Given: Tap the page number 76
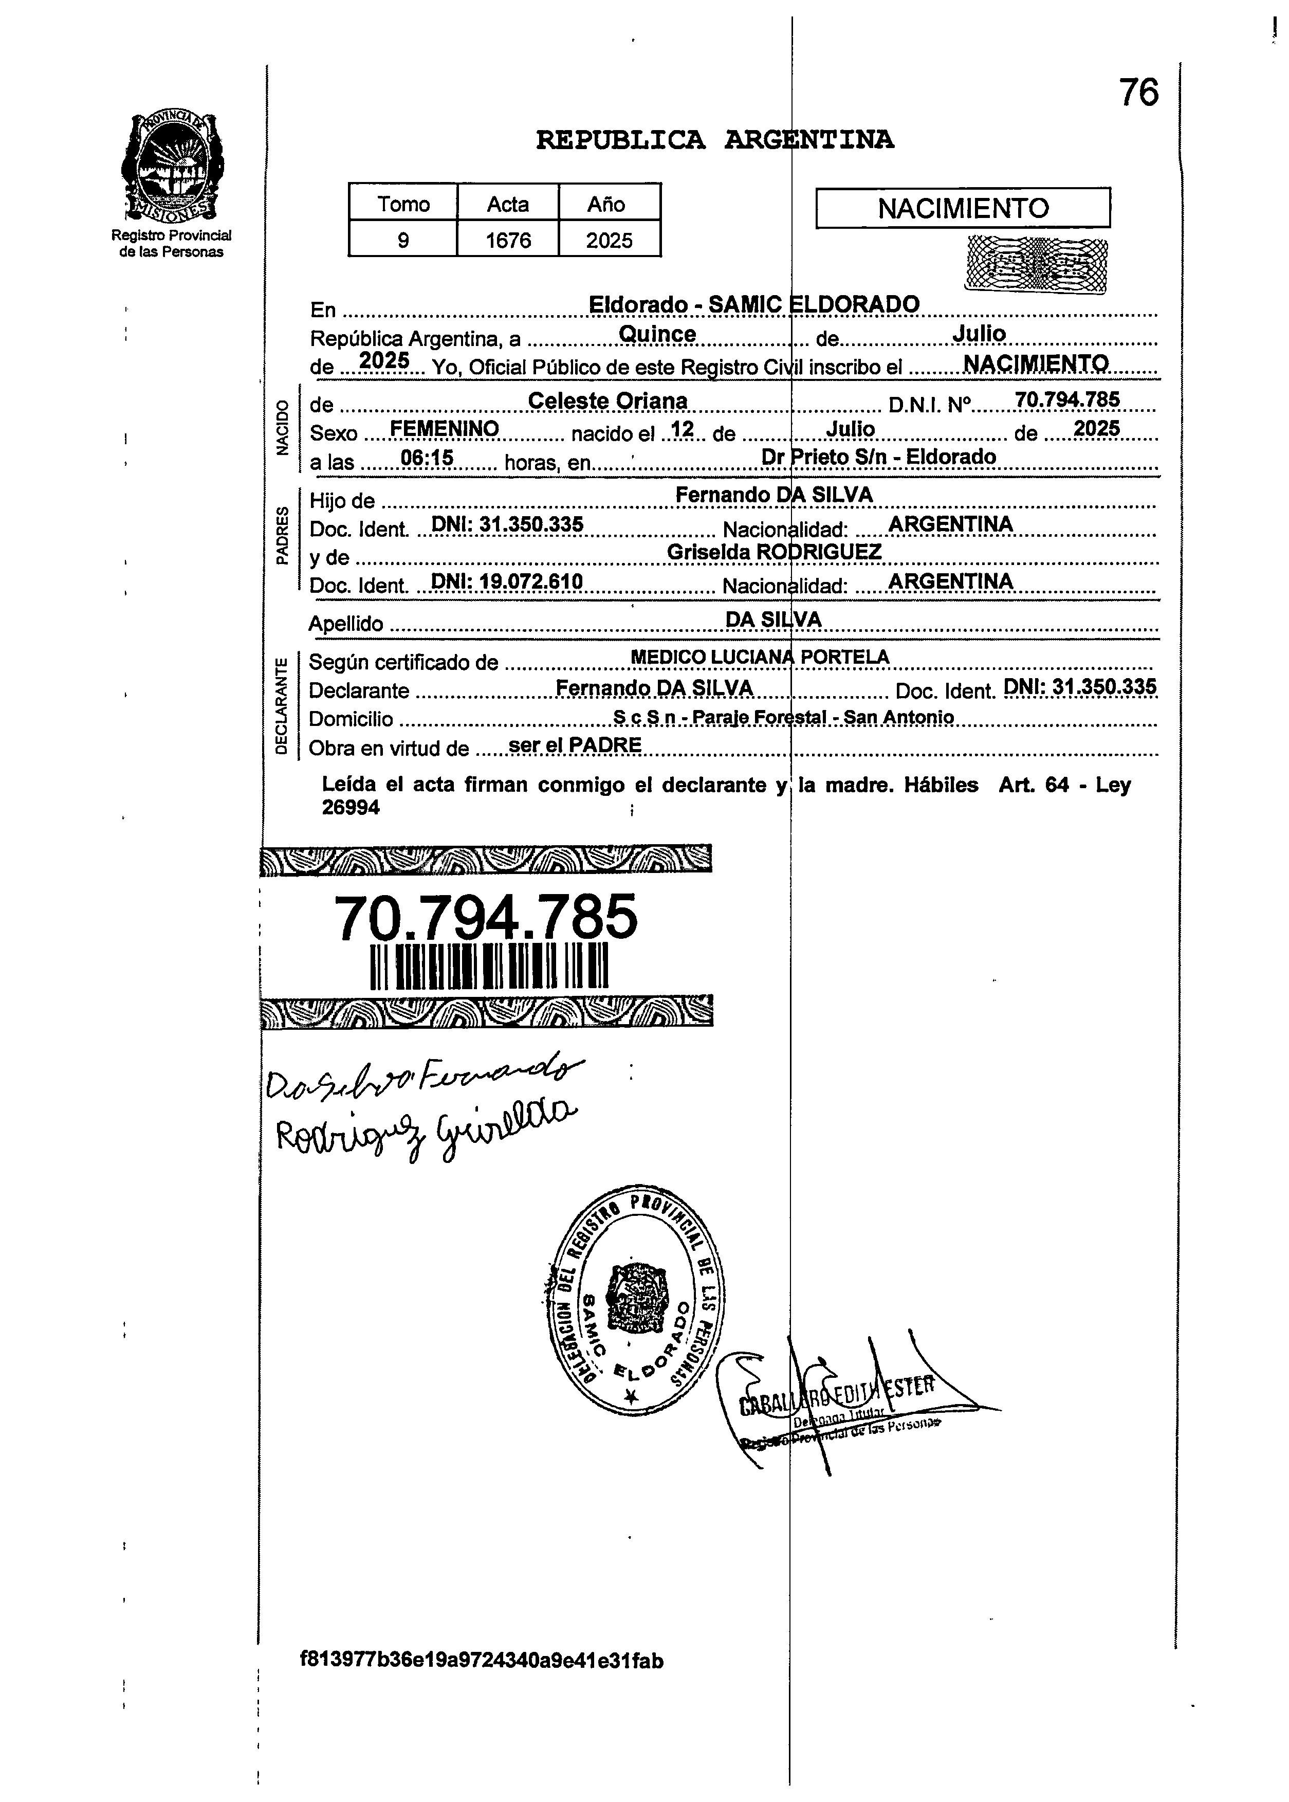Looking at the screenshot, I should tap(1138, 93).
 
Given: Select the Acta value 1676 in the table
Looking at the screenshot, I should tap(508, 240).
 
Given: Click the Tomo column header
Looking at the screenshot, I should tap(403, 204).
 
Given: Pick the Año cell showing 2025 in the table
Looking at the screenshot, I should tap(609, 240).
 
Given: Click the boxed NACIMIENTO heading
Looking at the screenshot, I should tap(963, 208).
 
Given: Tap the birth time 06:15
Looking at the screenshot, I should tap(427, 458).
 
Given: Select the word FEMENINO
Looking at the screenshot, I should tap(445, 429).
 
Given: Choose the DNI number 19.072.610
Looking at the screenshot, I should tap(506, 582).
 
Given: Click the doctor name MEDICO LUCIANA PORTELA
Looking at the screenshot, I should tap(760, 657).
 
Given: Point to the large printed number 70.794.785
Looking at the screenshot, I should tap(485, 917).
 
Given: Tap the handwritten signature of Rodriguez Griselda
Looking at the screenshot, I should tap(426, 1131).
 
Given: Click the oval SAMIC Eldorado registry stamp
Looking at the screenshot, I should tap(635, 1300).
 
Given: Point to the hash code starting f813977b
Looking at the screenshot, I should tap(481, 1660).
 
